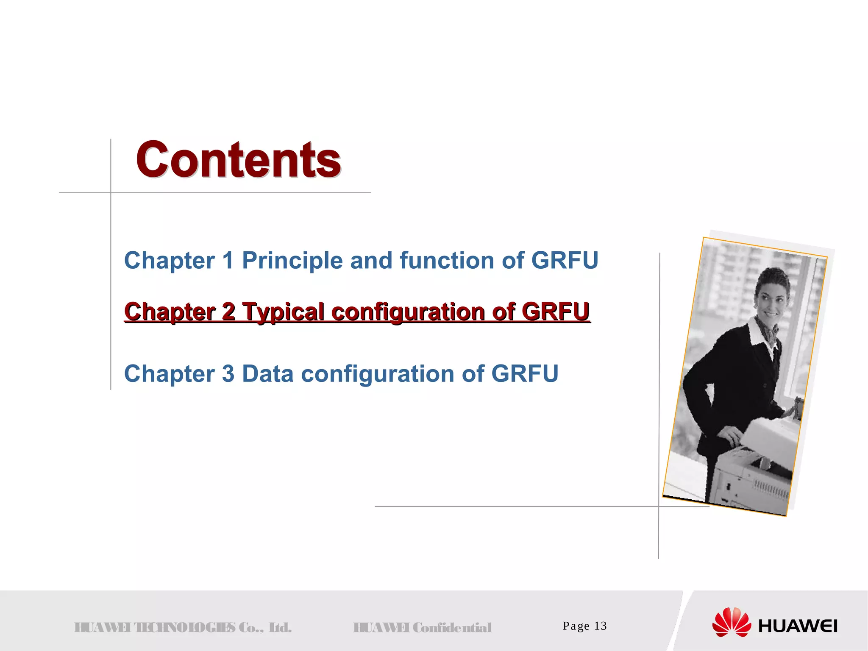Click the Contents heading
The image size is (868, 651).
[x=238, y=160]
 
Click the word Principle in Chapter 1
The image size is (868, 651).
[x=292, y=260]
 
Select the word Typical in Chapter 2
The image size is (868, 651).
[x=283, y=312]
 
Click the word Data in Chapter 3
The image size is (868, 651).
[x=267, y=374]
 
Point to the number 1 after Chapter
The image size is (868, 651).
[x=228, y=260]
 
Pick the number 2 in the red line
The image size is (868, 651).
[x=228, y=312]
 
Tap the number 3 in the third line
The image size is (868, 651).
[x=228, y=374]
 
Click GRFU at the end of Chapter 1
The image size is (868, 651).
[x=565, y=260]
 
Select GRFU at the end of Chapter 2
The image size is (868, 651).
[x=555, y=312]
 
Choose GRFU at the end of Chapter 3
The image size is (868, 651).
[x=525, y=374]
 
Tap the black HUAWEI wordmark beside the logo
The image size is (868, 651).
[x=798, y=626]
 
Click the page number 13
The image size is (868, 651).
[x=601, y=626]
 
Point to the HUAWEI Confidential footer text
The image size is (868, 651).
[x=422, y=627]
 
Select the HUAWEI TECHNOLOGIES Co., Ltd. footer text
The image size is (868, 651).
[x=183, y=627]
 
